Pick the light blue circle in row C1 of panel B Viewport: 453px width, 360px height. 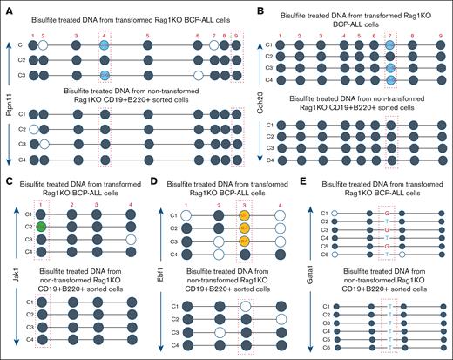coord(391,45)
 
